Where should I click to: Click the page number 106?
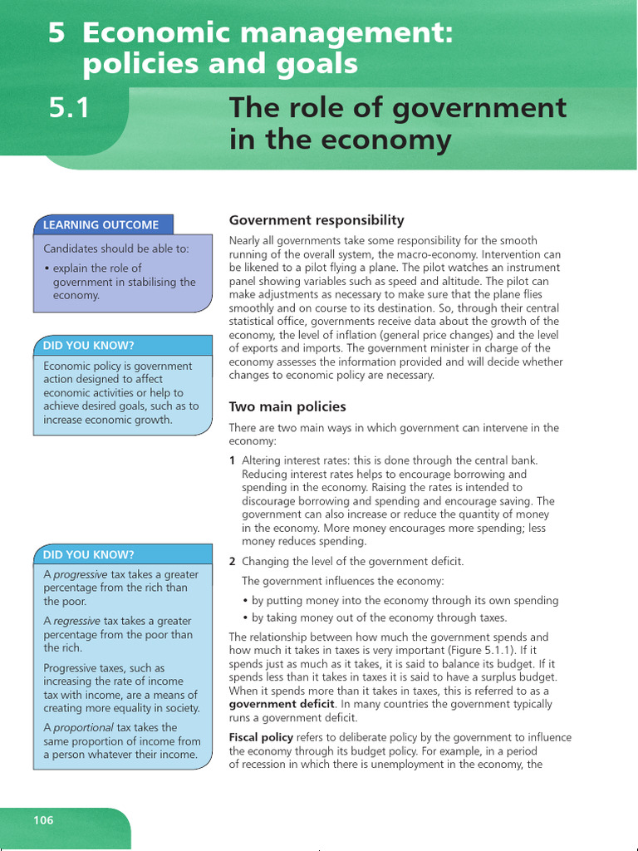tap(43, 820)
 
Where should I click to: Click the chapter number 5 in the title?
tap(56, 34)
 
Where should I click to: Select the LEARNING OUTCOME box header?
tap(101, 224)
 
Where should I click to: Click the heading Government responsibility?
tap(316, 220)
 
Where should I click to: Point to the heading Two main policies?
tap(287, 407)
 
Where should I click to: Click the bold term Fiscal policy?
tap(262, 738)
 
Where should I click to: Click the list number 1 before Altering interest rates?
tap(232, 460)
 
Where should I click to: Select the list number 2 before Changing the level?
tap(232, 562)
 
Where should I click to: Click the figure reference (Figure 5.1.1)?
tap(473, 650)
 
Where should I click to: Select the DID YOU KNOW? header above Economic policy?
tap(89, 345)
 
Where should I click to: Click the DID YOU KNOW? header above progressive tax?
tap(89, 554)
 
